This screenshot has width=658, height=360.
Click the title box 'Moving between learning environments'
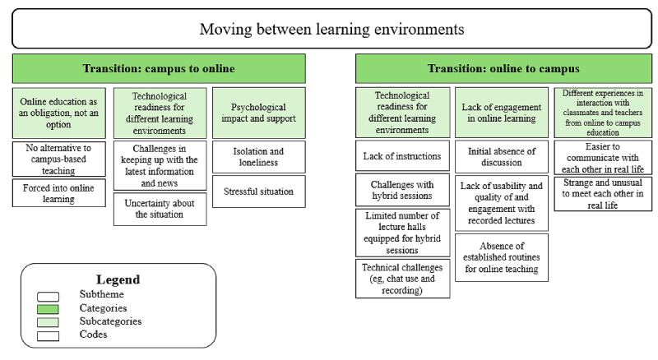(332, 29)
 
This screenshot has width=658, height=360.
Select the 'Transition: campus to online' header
(159, 68)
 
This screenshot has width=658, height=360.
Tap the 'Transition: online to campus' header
(503, 68)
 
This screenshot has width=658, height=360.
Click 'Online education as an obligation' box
(58, 113)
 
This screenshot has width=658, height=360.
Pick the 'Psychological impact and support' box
(259, 113)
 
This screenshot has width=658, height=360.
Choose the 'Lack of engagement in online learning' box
(502, 113)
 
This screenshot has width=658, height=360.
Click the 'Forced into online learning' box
(58, 193)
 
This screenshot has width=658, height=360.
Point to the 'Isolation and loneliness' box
(259, 157)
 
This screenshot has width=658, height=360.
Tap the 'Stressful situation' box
(259, 192)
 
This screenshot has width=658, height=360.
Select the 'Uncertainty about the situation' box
(160, 209)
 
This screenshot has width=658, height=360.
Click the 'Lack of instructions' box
(402, 155)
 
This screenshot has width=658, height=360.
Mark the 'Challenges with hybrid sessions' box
(402, 190)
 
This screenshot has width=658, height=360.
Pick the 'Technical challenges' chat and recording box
(402, 279)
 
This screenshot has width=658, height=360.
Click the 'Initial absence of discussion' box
(502, 156)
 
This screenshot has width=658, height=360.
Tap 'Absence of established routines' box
(502, 257)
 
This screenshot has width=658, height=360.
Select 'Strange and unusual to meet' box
(603, 194)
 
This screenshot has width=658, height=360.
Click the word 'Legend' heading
(118, 279)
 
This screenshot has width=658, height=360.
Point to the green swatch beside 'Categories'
(48, 309)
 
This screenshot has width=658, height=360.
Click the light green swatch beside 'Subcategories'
(48, 322)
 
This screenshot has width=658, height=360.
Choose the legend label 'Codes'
(93, 335)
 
